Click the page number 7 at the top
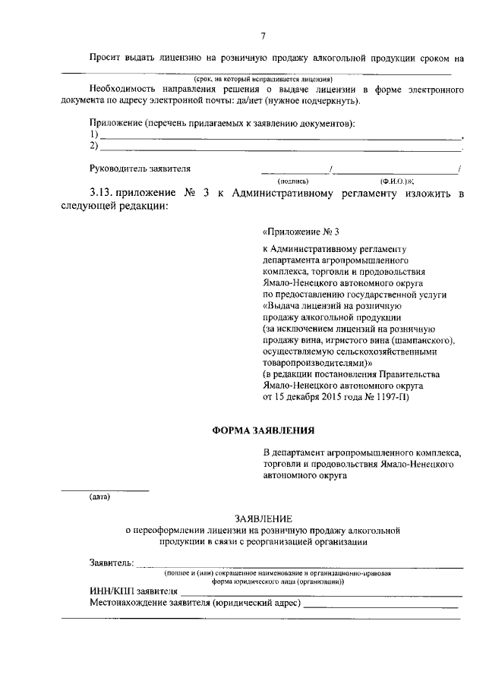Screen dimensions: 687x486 pos(263,35)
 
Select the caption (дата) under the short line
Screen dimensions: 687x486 pos(99,497)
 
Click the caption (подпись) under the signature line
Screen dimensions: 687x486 pos(292,181)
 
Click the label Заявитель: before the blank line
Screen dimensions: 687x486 pos(112,563)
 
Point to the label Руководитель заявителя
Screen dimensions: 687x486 pos(140,168)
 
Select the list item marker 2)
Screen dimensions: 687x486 pos(94,146)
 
